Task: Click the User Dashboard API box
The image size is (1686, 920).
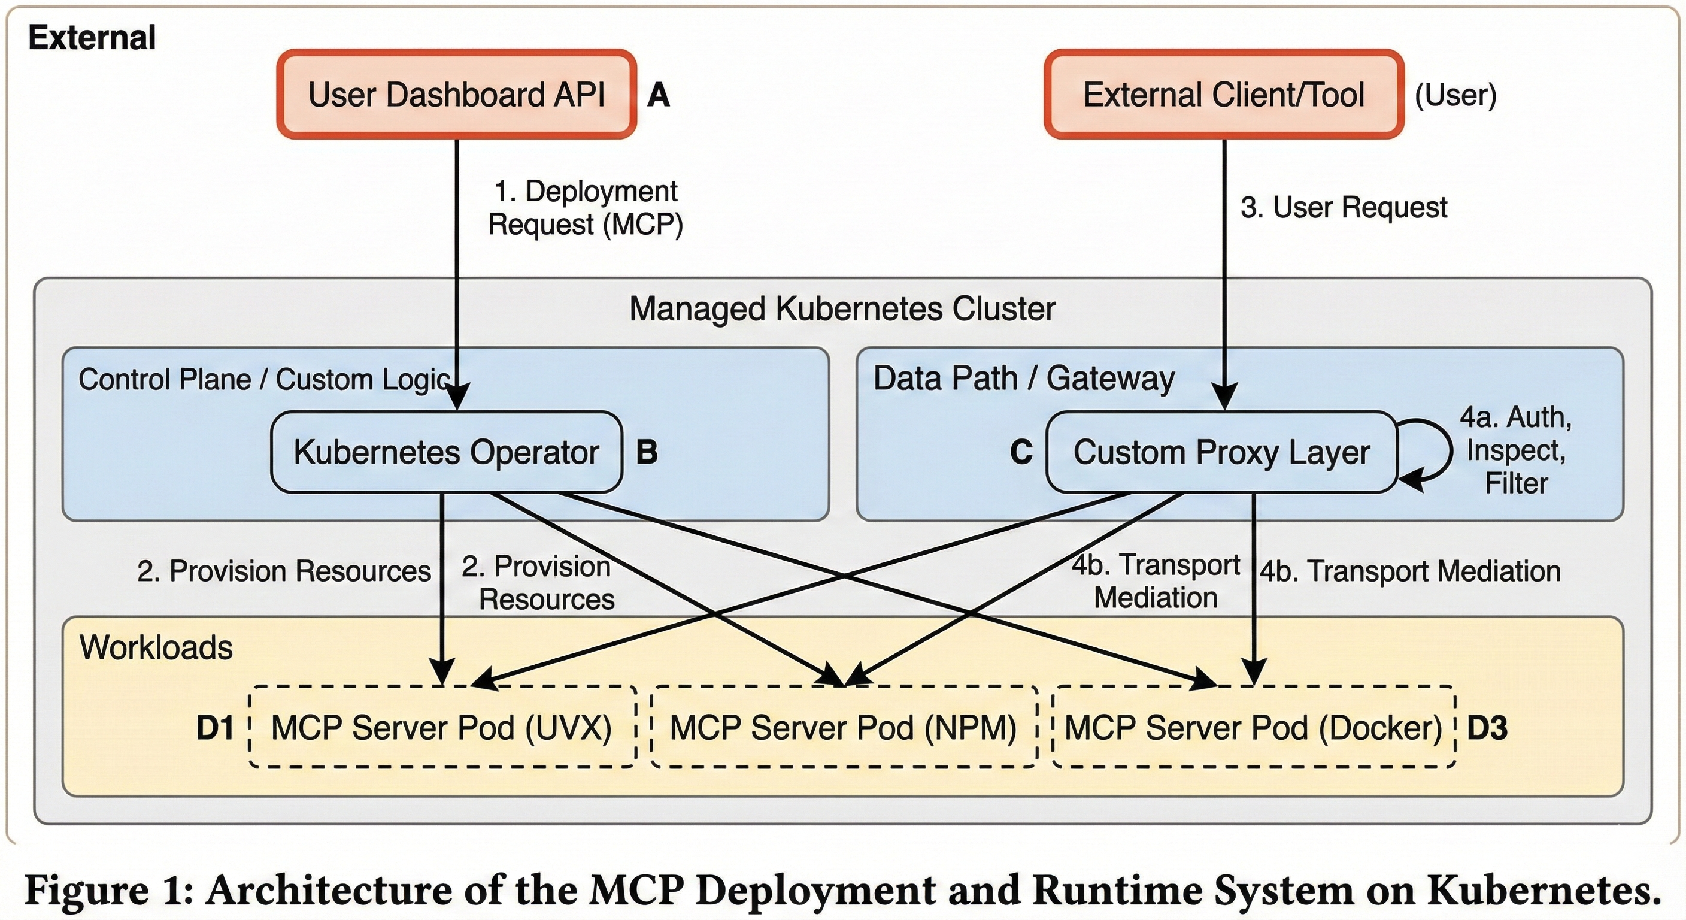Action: click(456, 94)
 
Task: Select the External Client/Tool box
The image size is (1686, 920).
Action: click(1223, 94)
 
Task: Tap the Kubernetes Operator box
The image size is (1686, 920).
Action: click(447, 452)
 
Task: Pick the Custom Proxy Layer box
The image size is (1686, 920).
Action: click(1221, 452)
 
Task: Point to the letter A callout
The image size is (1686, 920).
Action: click(659, 95)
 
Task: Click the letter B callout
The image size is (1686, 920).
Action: click(647, 452)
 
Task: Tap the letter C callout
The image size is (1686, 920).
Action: click(1021, 452)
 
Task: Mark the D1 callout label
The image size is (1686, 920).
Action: click(215, 728)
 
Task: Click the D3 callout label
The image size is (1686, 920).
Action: click(1487, 728)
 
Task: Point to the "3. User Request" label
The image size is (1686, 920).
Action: click(1343, 208)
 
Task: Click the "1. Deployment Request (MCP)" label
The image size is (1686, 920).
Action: click(585, 208)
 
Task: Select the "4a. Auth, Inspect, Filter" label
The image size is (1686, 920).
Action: click(1516, 450)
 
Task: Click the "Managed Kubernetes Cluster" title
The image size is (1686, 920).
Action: click(842, 309)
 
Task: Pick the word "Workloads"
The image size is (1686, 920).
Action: click(156, 647)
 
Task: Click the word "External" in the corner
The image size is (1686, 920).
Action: click(92, 37)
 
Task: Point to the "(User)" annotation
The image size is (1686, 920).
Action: click(1455, 95)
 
